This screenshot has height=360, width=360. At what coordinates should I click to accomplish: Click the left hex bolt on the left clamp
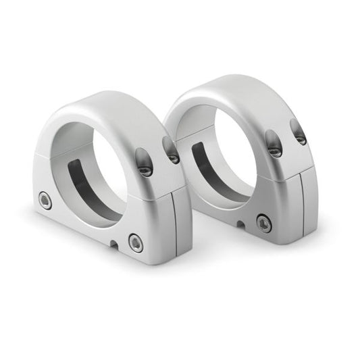pos(45,199)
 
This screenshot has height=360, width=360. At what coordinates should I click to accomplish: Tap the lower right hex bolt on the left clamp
pos(136,243)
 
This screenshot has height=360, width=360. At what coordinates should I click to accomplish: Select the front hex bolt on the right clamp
pos(263,222)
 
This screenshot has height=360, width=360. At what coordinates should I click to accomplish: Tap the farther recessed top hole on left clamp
pos(171,150)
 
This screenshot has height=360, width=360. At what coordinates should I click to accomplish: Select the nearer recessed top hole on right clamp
pos(274,144)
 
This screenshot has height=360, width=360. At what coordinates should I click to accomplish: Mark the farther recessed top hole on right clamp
pos(299,132)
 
